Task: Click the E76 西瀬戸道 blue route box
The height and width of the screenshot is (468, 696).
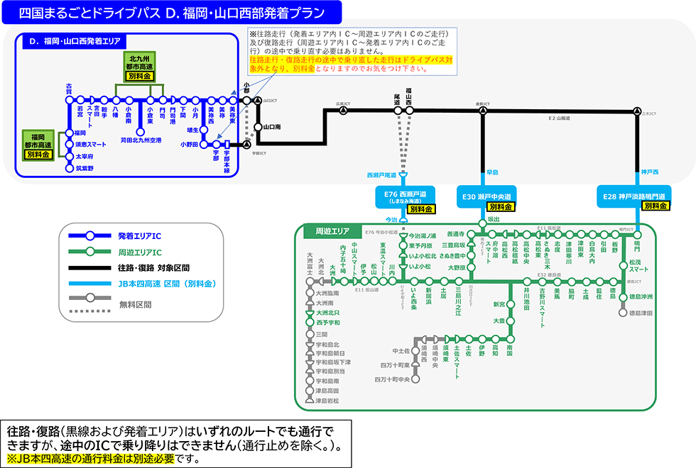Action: [x=404, y=196]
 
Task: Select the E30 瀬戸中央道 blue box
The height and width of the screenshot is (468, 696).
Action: [x=485, y=196]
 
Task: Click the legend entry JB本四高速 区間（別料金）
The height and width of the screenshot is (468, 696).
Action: [x=167, y=285]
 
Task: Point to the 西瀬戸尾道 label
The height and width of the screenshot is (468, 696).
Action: [x=381, y=174]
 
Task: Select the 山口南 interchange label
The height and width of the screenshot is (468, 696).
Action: [x=272, y=127]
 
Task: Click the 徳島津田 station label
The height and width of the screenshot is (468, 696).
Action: [x=644, y=312]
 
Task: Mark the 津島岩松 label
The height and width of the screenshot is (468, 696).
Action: [x=327, y=401]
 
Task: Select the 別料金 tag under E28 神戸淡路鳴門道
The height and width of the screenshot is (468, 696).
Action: [x=654, y=206]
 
